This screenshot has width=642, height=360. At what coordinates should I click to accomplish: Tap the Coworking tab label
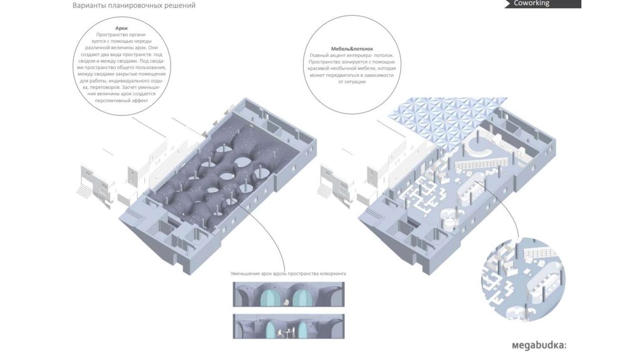point(531,3)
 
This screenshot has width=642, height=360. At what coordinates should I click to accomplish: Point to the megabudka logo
point(539,344)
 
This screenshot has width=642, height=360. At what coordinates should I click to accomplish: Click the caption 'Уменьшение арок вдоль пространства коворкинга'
point(288,274)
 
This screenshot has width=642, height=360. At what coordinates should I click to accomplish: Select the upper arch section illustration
point(288,294)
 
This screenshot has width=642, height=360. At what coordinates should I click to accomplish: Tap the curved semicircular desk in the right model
point(480,149)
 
